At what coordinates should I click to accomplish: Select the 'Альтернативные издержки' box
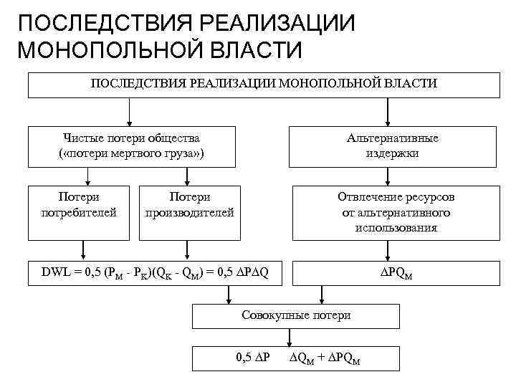click(392, 145)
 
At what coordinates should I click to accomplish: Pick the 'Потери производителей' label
click(189, 204)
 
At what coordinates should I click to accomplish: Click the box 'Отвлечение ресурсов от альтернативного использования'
click(396, 212)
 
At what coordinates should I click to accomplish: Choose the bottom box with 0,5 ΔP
click(295, 358)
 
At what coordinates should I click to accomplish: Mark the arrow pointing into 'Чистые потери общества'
click(129, 113)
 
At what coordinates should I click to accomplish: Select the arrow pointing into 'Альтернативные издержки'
click(387, 113)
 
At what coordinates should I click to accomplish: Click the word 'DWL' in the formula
click(57, 271)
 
